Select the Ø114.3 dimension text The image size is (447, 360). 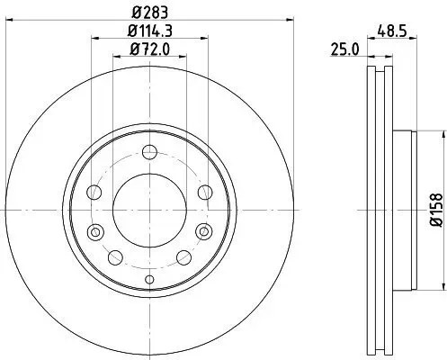coord(149,33)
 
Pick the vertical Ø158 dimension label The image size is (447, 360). coord(434,209)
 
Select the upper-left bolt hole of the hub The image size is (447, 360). coord(94,191)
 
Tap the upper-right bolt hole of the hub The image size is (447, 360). coord(204,191)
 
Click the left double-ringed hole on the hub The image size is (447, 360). coord(95,233)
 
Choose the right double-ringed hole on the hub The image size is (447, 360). coord(203,233)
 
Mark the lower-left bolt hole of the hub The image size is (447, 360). coord(113,258)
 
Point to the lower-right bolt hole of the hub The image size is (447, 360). coord(185,258)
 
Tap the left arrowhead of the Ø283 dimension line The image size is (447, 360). coord(7,22)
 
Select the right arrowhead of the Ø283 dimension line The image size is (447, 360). coord(292,22)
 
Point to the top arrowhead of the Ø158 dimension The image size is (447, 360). coord(443,132)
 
